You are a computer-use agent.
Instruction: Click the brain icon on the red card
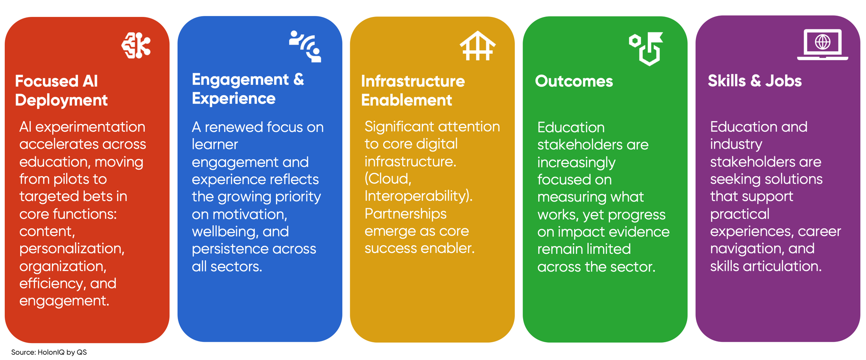point(136,45)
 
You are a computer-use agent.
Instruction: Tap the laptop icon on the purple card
point(822,44)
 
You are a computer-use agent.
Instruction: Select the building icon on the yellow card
point(478,45)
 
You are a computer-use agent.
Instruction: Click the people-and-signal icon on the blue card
point(306,46)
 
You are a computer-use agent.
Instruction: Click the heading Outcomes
point(574,81)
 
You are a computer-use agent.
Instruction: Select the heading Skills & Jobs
point(754,81)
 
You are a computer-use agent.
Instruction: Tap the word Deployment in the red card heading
point(61,100)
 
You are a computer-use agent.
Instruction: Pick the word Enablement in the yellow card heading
point(406,100)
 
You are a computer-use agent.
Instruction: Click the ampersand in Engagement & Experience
point(299,79)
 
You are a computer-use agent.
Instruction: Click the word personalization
point(71,248)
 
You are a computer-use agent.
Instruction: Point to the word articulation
point(782,266)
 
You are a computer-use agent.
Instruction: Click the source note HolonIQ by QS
point(62,352)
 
